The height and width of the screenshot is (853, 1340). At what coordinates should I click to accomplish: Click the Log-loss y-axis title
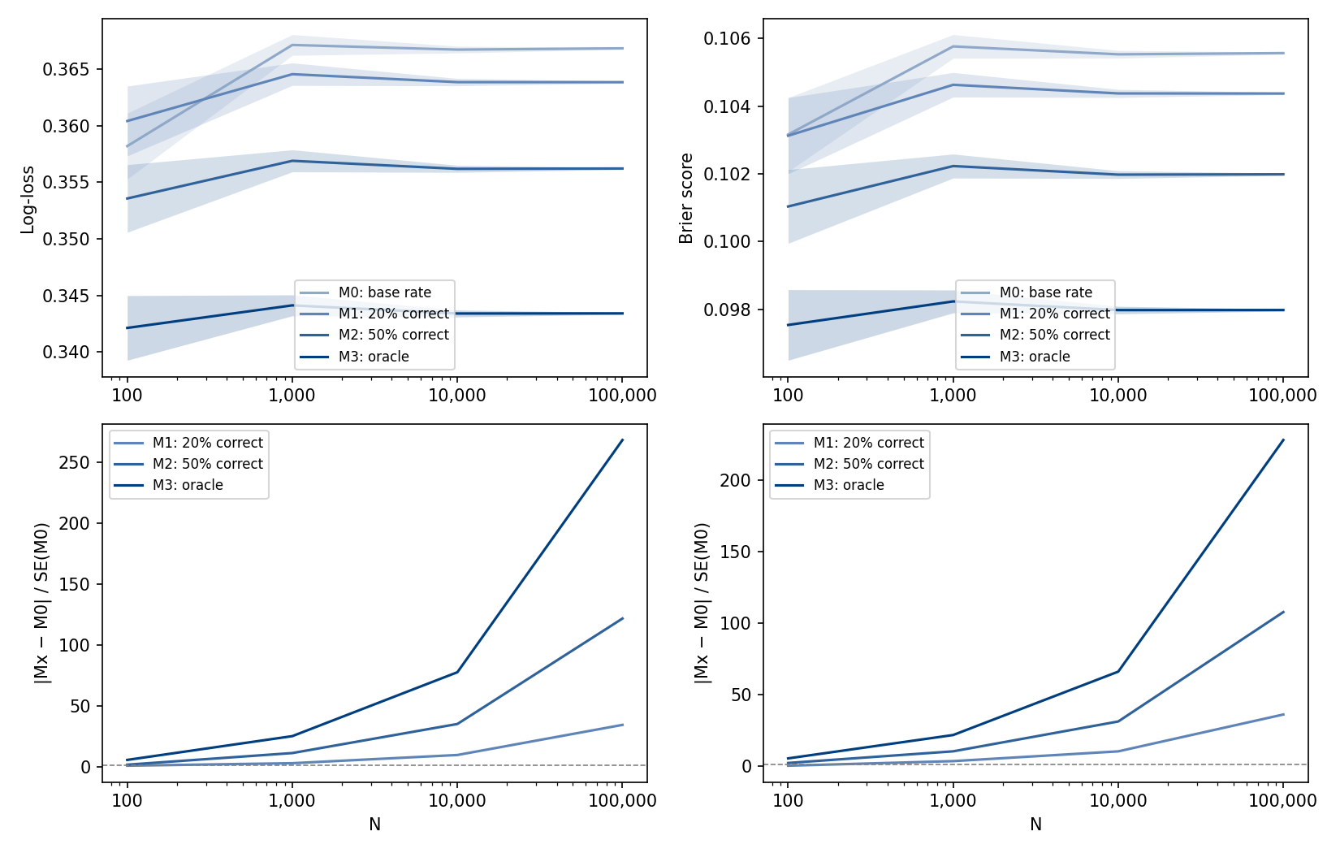(x=28, y=200)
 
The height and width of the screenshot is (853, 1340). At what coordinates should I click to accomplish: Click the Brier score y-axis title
(x=687, y=198)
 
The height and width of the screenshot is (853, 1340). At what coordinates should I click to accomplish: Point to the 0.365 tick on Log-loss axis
(x=67, y=70)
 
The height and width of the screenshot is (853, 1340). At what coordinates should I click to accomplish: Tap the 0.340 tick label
(x=67, y=353)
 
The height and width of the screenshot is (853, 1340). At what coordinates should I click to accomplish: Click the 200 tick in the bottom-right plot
(x=736, y=480)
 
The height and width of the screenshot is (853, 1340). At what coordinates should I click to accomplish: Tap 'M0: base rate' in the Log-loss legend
(x=384, y=292)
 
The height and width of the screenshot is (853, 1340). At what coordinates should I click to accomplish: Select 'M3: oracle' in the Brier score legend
(x=1034, y=357)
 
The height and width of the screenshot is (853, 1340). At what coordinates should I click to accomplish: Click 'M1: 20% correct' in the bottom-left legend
(x=207, y=443)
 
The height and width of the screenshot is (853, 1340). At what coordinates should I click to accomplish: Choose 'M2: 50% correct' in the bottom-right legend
(x=868, y=464)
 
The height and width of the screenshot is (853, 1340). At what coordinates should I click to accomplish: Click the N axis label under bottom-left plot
(x=374, y=825)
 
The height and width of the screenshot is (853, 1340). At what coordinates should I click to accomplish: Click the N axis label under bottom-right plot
(x=1035, y=825)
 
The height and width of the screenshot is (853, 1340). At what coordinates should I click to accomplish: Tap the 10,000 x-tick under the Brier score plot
(x=1117, y=396)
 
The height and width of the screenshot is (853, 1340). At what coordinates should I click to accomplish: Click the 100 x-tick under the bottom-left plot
(x=127, y=801)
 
